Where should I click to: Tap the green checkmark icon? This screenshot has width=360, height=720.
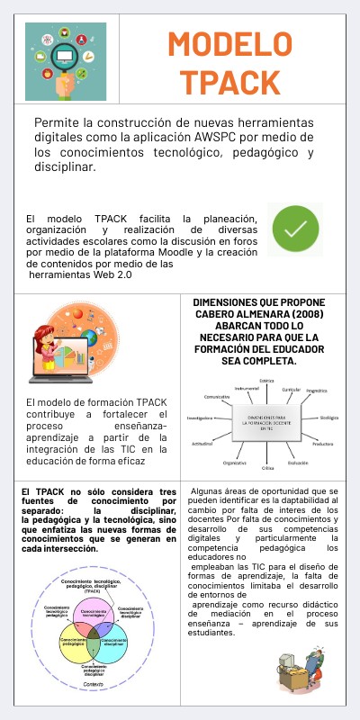point(296,230)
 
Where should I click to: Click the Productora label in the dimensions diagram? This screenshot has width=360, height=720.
point(323,443)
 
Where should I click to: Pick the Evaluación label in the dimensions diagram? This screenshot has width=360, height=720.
point(298,463)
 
